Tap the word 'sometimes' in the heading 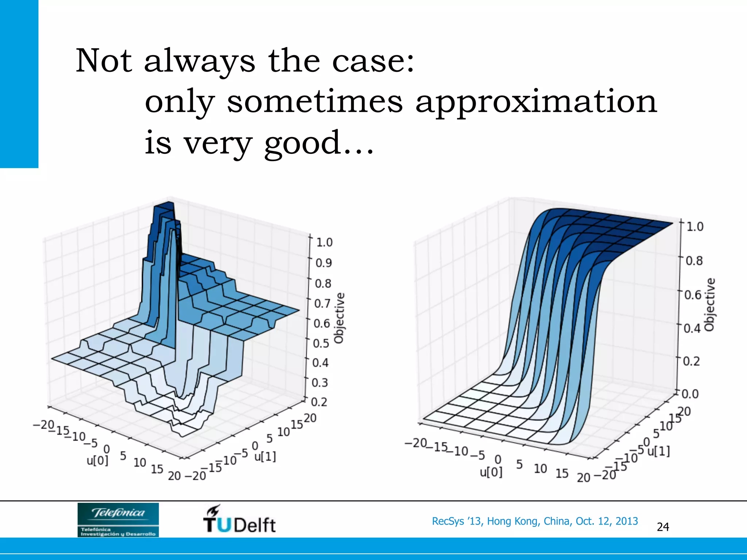314,101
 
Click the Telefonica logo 118,520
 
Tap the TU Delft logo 239,520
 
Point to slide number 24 663,527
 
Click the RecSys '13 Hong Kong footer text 535,521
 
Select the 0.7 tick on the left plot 322,303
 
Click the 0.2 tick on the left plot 319,402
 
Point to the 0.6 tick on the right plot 693,295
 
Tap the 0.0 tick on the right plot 690,394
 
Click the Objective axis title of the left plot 339,318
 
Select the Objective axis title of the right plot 709,305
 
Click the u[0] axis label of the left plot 97,460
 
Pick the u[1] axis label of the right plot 659,451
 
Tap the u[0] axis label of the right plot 491,472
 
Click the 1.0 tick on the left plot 324,242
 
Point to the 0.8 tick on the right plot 694,261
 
